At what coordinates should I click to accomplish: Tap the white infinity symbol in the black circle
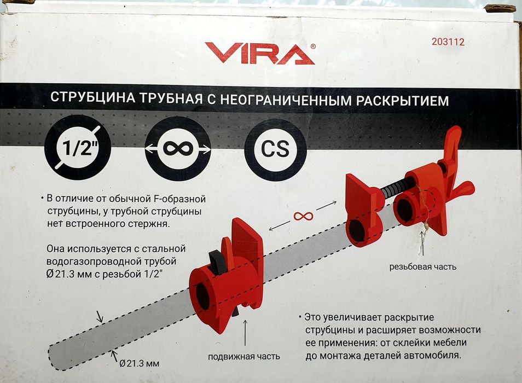click(x=178, y=149)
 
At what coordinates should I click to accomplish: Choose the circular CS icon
click(x=275, y=149)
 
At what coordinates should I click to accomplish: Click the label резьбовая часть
click(x=422, y=267)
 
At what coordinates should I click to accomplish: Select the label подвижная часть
click(x=244, y=356)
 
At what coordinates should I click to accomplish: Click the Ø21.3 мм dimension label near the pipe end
click(x=140, y=362)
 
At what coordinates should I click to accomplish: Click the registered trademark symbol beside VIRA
click(x=312, y=47)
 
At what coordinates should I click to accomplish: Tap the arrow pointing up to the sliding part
click(x=244, y=334)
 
